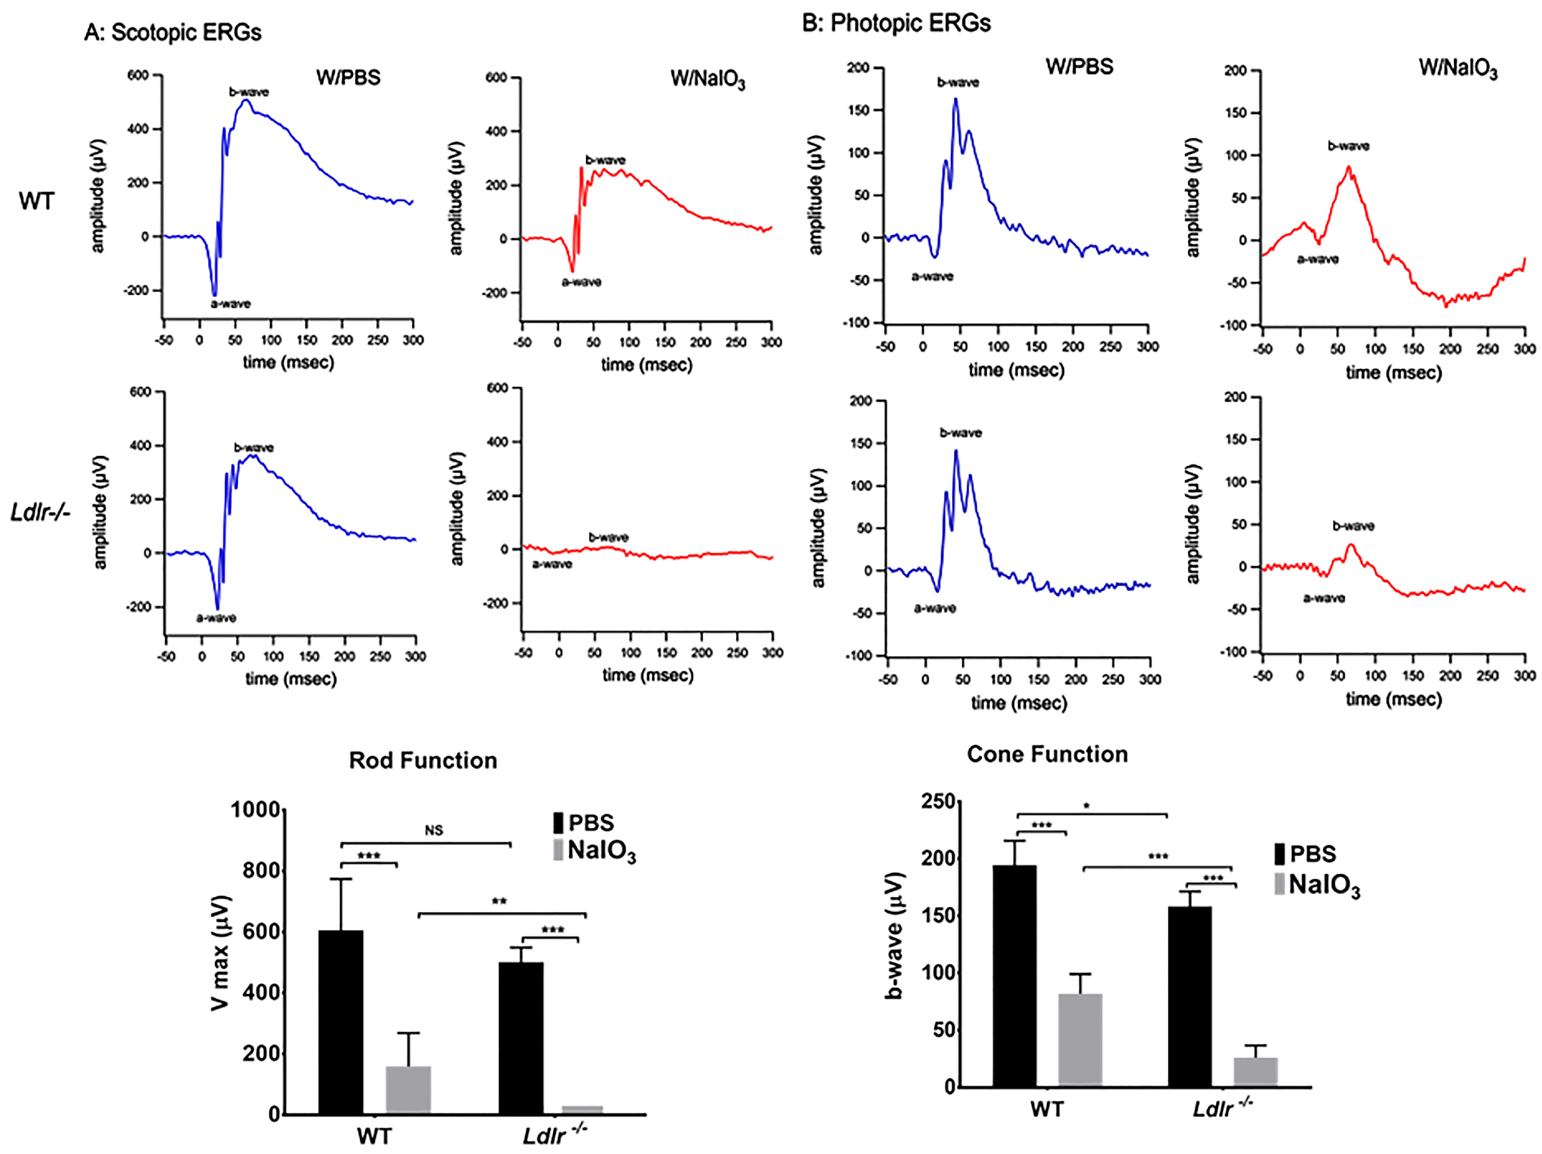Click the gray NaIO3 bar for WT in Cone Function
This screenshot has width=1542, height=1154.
click(x=1080, y=1039)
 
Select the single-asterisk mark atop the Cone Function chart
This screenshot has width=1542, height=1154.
click(x=1086, y=807)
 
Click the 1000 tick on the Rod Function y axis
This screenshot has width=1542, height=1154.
click(x=255, y=810)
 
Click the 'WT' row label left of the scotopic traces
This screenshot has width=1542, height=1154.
click(x=36, y=201)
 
